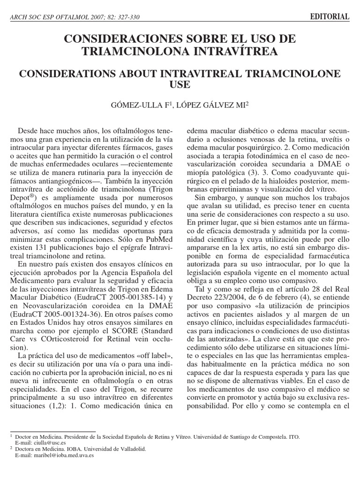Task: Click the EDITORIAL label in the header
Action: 330,17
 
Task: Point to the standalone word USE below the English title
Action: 180,85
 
